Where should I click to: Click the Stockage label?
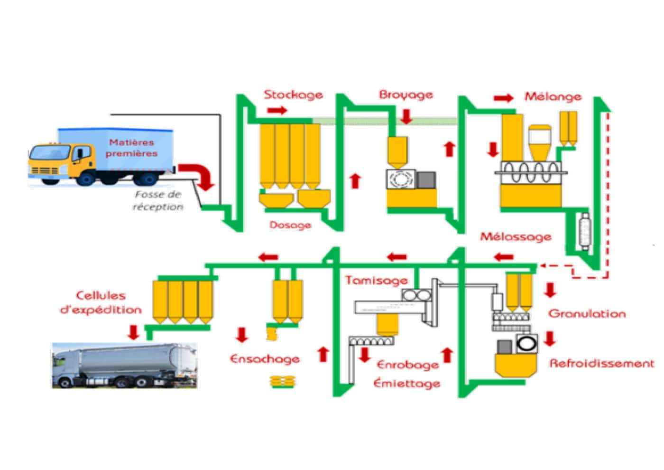click(293, 94)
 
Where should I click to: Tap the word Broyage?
click(406, 94)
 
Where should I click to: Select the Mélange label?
click(553, 96)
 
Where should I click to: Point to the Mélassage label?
click(516, 236)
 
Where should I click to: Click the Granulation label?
click(587, 313)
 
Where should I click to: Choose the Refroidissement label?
click(601, 363)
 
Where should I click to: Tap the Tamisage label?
click(376, 280)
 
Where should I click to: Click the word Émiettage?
click(406, 383)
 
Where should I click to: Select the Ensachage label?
click(265, 359)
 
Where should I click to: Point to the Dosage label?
click(290, 225)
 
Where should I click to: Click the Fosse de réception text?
click(158, 200)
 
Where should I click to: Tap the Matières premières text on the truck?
click(131, 148)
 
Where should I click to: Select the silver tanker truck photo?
click(124, 366)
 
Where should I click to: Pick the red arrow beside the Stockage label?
click(277, 111)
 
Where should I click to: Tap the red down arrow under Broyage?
click(406, 116)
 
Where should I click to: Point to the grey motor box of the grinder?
click(426, 180)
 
